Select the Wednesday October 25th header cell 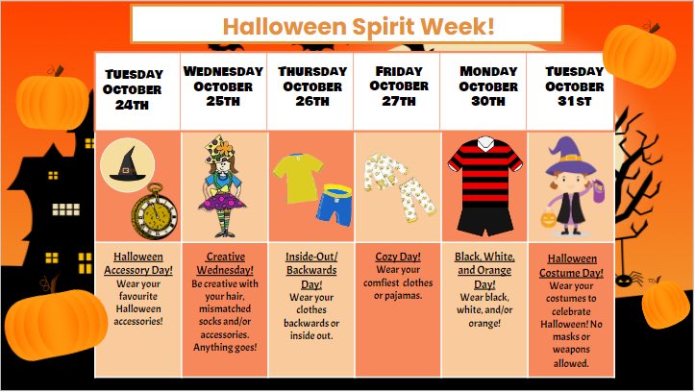point(223,87)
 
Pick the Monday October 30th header point(487,87)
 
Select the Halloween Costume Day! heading point(572,266)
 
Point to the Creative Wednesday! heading point(223,264)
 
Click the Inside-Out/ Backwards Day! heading point(310,272)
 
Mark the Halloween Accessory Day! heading point(137,264)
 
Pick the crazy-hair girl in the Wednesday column point(224,187)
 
